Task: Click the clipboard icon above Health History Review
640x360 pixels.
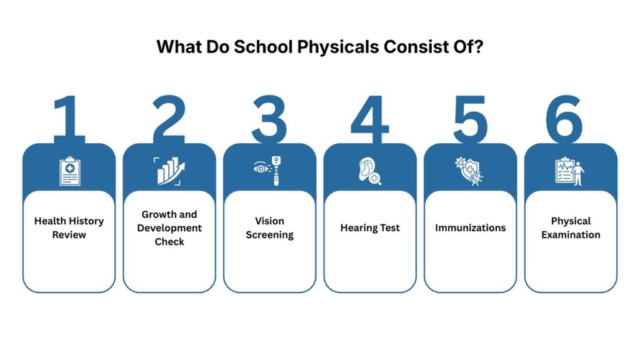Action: click(x=70, y=171)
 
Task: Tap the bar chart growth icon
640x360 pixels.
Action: click(x=169, y=171)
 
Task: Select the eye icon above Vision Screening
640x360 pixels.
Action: click(x=261, y=168)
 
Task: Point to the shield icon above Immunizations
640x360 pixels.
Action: click(x=469, y=171)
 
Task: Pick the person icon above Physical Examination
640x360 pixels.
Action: click(x=578, y=173)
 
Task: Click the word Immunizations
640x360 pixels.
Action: click(x=470, y=227)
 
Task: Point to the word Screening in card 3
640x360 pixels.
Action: click(x=269, y=235)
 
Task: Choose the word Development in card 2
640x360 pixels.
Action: click(x=169, y=228)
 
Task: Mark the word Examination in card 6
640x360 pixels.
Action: click(x=571, y=235)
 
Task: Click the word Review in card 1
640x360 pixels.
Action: click(x=69, y=235)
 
